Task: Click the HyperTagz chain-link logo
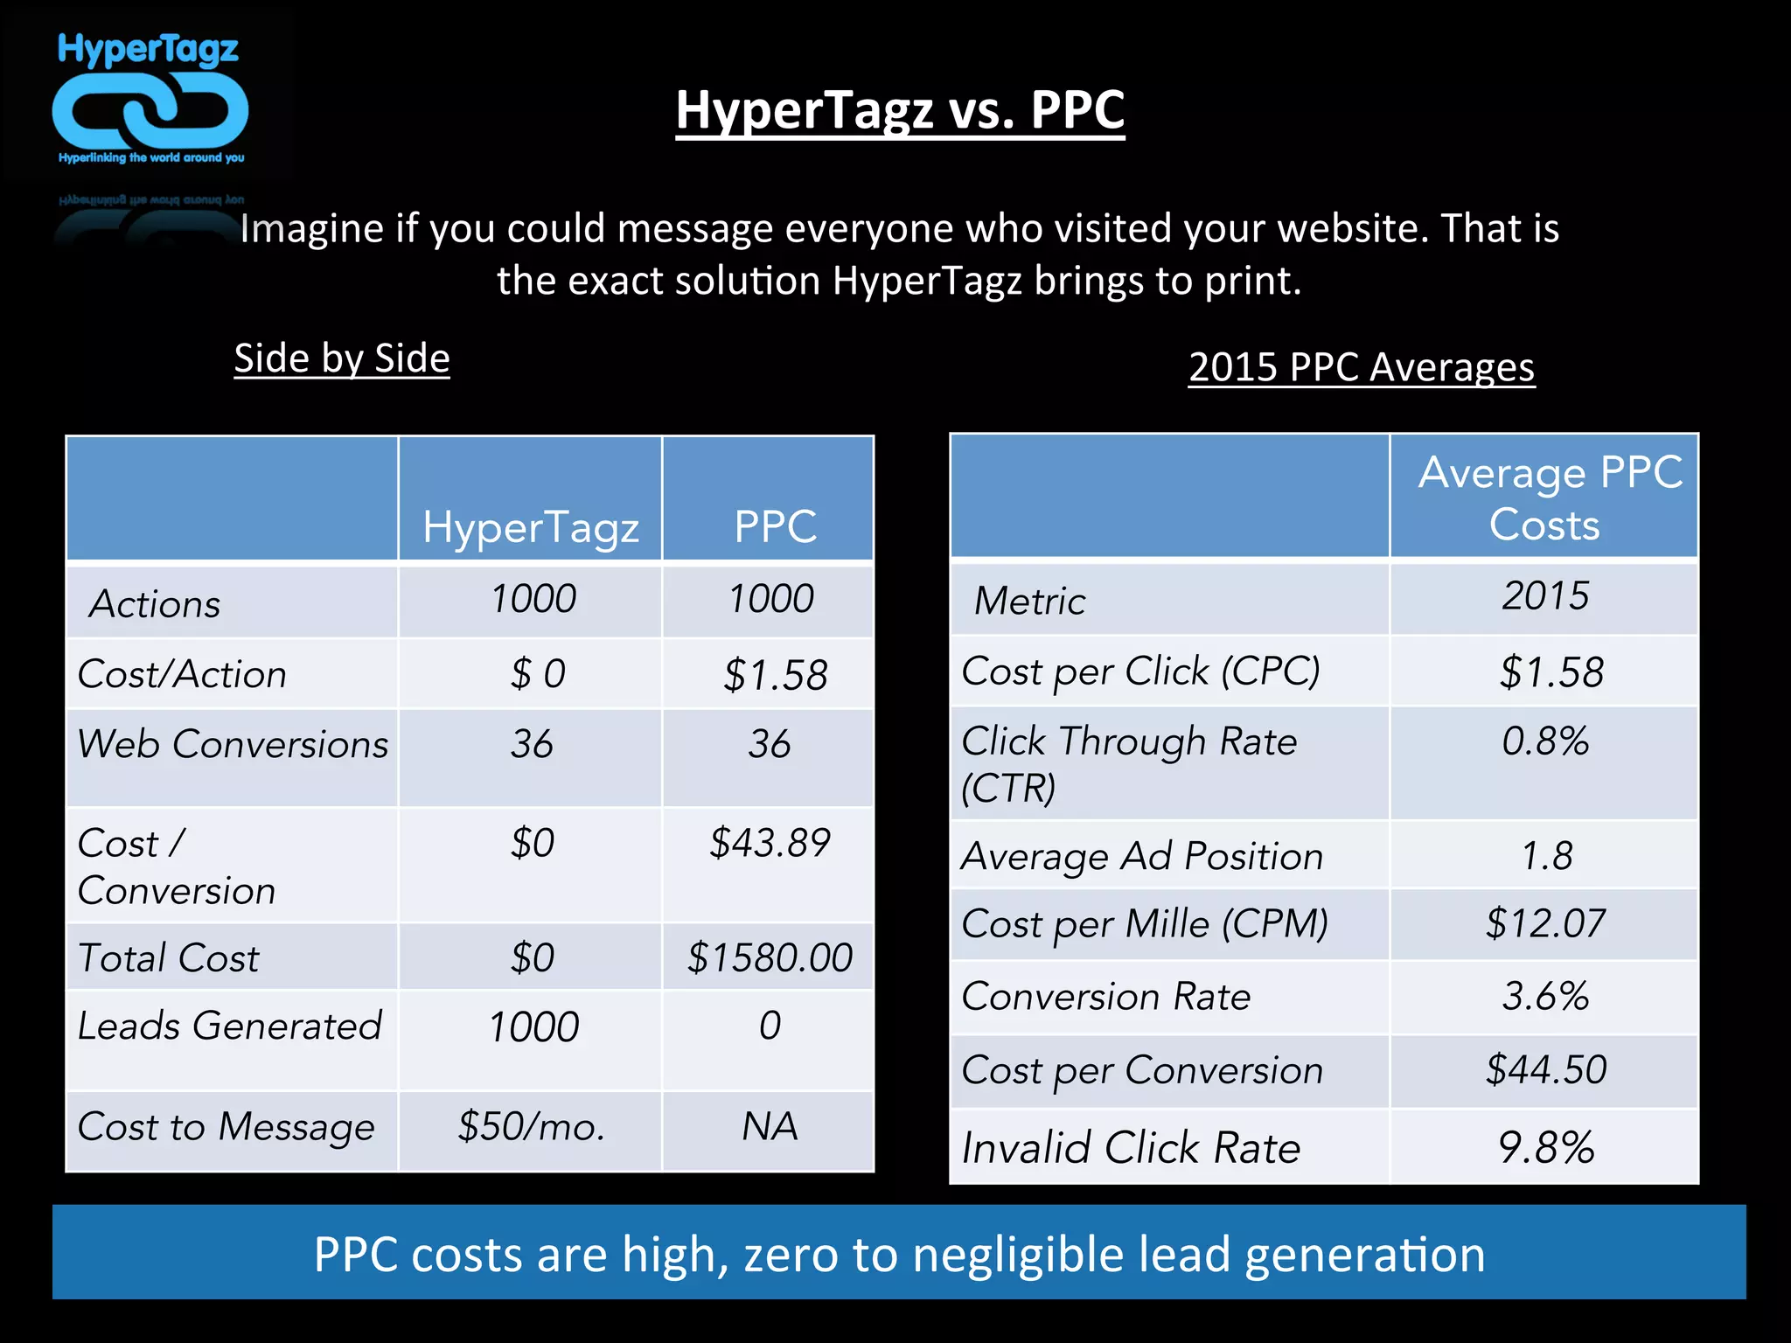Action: click(150, 109)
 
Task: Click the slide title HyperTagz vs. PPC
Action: click(900, 111)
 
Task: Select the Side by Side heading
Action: click(342, 358)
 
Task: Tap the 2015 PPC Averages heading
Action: click(1362, 367)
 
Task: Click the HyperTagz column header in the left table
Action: click(531, 527)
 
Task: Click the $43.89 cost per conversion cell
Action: click(770, 843)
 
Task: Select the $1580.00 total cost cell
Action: click(770, 957)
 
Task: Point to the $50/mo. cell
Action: click(531, 1126)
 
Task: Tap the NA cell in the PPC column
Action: click(770, 1126)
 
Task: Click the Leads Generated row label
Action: click(230, 1026)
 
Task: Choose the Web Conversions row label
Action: click(233, 744)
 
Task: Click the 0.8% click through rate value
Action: click(1545, 741)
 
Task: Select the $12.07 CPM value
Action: click(1545, 924)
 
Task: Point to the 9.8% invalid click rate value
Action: click(1545, 1147)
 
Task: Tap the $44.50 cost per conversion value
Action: click(1545, 1070)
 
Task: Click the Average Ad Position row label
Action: click(1142, 856)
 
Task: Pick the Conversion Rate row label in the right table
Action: click(1106, 997)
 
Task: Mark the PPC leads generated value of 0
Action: click(770, 1026)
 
